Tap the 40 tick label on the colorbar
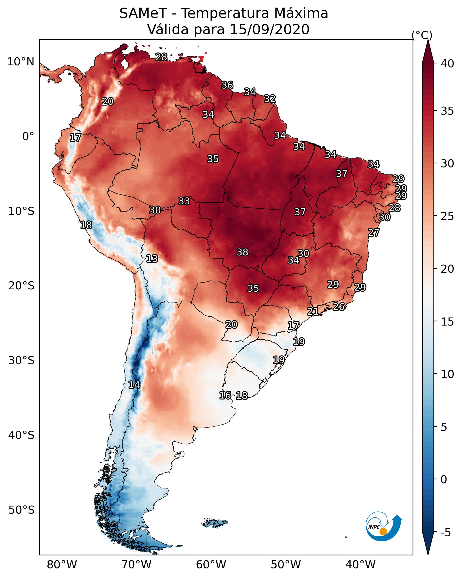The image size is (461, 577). tap(447, 64)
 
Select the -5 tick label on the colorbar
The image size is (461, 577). tap(446, 532)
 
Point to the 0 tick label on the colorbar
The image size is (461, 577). tap(444, 479)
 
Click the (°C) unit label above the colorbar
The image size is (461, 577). tap(422, 35)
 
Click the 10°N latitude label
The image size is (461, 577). tap(21, 62)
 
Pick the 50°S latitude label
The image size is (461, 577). tap(21, 510)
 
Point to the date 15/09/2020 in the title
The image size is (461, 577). tap(269, 29)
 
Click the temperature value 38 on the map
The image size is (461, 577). tap(242, 252)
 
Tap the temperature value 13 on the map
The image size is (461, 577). tap(152, 259)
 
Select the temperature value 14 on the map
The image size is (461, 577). tap(134, 385)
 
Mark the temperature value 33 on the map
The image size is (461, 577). tap(184, 201)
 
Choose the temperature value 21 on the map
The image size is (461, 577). tap(313, 311)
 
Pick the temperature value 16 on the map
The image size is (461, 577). tap(225, 395)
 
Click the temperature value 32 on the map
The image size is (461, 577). tap(270, 99)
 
